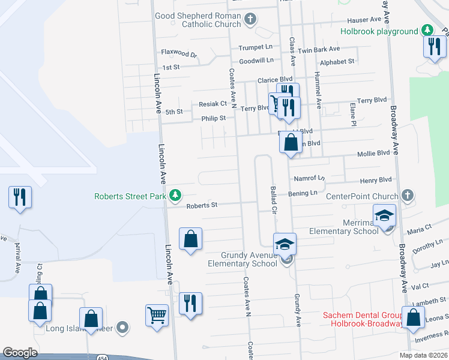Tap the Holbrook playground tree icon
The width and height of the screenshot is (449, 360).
tap(427, 30)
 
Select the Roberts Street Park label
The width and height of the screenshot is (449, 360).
tap(130, 196)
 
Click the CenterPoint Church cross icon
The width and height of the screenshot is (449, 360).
tap(408, 196)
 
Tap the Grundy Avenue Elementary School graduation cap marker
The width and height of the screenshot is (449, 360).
tap(285, 245)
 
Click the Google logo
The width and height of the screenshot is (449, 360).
tap(20, 353)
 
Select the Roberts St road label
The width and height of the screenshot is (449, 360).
tap(201, 205)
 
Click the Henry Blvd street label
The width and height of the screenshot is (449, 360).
tap(376, 179)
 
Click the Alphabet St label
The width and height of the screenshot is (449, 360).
tap(337, 61)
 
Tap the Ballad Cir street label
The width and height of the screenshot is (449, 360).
tap(273, 201)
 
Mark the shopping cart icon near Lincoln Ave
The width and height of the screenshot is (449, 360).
tap(157, 314)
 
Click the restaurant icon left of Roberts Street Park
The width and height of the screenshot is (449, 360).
tap(19, 197)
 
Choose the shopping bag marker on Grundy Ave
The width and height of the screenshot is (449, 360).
tap(291, 143)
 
